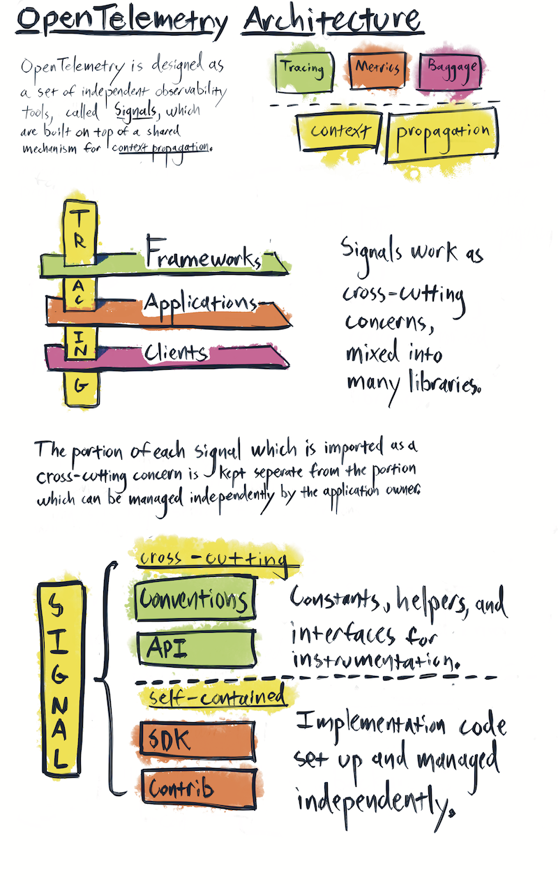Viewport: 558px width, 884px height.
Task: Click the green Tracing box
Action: coord(301,70)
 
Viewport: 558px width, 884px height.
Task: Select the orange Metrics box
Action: coord(377,68)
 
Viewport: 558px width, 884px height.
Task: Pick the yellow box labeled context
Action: coord(340,131)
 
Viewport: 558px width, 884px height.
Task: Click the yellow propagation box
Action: coord(442,132)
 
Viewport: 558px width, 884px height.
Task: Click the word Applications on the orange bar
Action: coord(198,304)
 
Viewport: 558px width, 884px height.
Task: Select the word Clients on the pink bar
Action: coord(176,352)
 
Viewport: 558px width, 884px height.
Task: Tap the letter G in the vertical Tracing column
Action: coord(80,386)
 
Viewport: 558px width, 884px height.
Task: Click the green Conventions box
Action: coord(194,598)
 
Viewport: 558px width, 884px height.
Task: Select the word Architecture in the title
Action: coord(333,20)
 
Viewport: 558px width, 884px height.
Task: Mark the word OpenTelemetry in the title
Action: coord(122,21)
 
